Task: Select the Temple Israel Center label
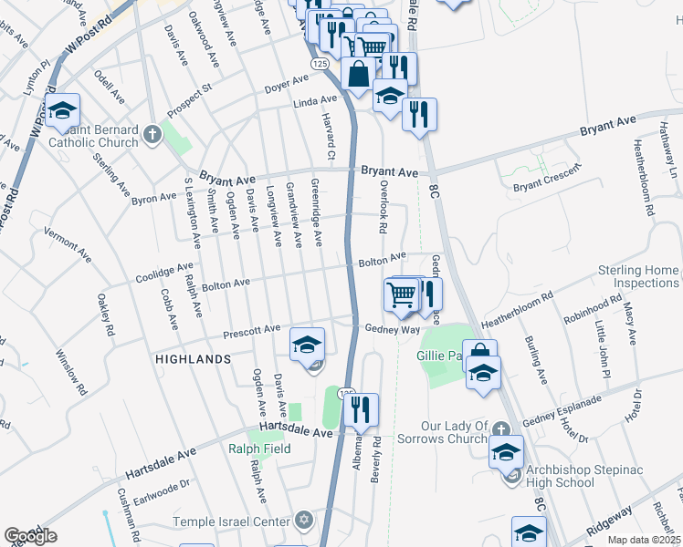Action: [x=230, y=522]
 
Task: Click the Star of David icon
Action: [x=303, y=521]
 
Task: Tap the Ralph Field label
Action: [x=260, y=449]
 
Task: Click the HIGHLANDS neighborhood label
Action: [x=193, y=360]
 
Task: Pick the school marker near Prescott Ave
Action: [x=308, y=344]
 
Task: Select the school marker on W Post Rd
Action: [x=62, y=111]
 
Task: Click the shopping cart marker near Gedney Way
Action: [x=402, y=294]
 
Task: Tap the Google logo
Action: [x=31, y=536]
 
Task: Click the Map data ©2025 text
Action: [x=643, y=540]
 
